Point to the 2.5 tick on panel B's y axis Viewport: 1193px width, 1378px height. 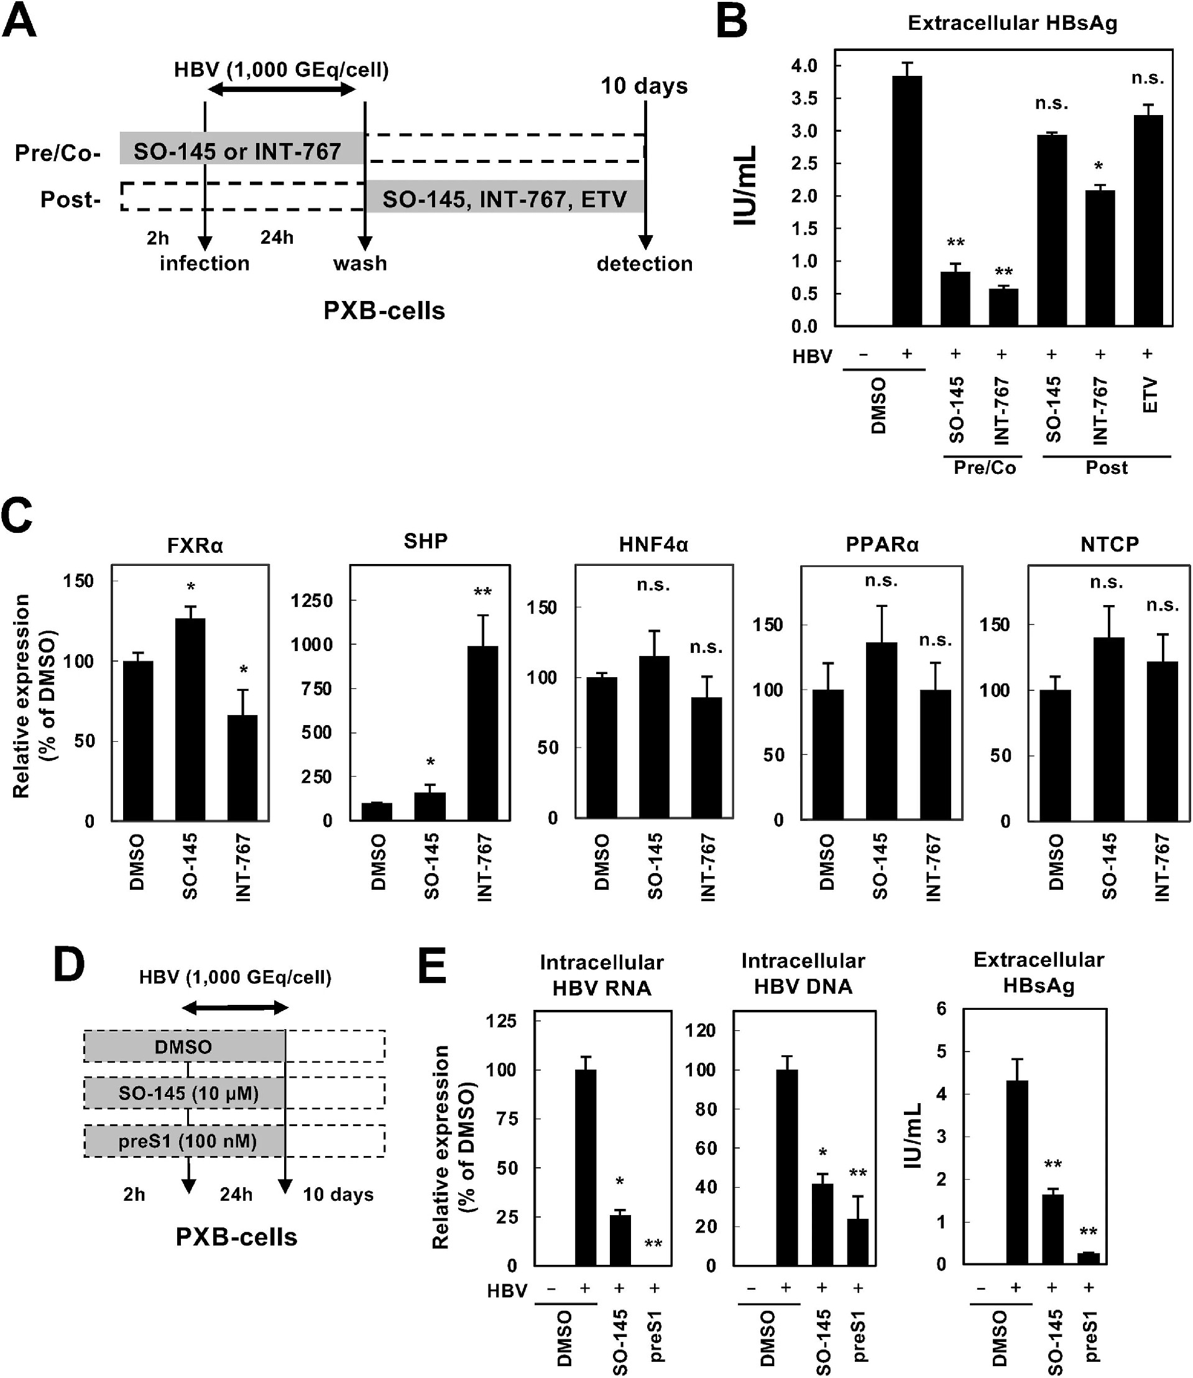(804, 163)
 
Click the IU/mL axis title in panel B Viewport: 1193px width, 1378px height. (745, 186)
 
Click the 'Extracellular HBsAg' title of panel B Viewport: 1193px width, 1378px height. (1012, 23)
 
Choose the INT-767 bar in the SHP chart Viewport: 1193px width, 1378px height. (482, 733)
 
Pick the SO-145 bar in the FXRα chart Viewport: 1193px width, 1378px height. (190, 719)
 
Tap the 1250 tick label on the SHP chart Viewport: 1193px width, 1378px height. (311, 601)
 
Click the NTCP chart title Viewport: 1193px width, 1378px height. (1109, 544)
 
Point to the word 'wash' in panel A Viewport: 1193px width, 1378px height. (360, 264)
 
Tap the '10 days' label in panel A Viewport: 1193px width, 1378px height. (644, 86)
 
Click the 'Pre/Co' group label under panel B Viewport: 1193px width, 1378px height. (984, 468)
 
